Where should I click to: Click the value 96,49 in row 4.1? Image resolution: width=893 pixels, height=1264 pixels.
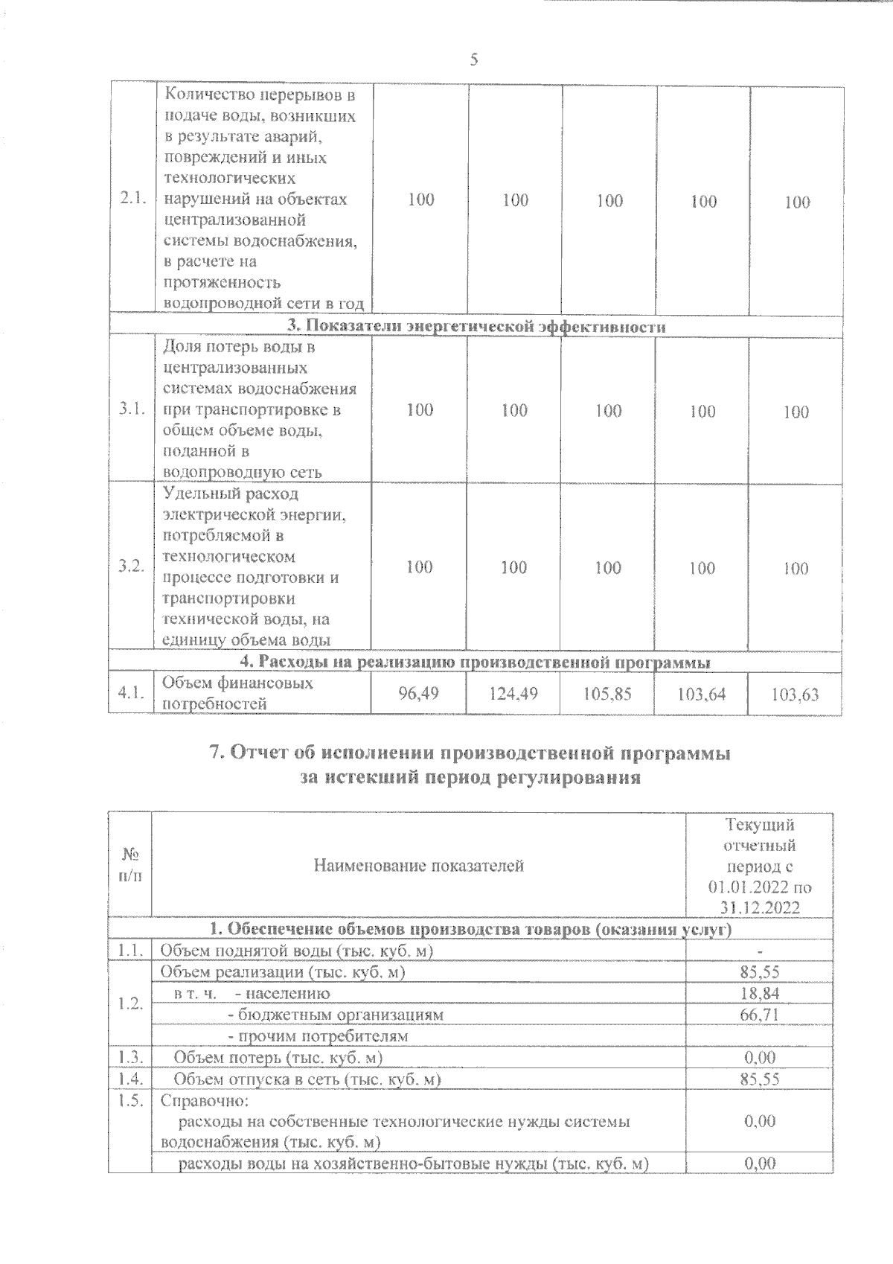pyautogui.click(x=418, y=694)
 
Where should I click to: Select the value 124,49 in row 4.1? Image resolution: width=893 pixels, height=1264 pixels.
pyautogui.click(x=513, y=694)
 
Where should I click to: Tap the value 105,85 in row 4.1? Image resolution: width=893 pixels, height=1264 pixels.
pyautogui.click(x=607, y=694)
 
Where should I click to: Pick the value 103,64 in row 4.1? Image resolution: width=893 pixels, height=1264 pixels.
pyautogui.click(x=702, y=695)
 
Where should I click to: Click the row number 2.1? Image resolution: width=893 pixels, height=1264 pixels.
pyautogui.click(x=132, y=200)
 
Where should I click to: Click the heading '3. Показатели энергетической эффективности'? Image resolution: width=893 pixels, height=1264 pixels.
pyautogui.click(x=476, y=327)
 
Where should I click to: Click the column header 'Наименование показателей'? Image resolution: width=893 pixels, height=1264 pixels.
pyautogui.click(x=418, y=866)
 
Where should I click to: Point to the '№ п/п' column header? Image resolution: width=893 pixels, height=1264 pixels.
pyautogui.click(x=130, y=865)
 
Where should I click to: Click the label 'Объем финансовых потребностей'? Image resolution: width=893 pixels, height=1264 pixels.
pyautogui.click(x=237, y=692)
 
